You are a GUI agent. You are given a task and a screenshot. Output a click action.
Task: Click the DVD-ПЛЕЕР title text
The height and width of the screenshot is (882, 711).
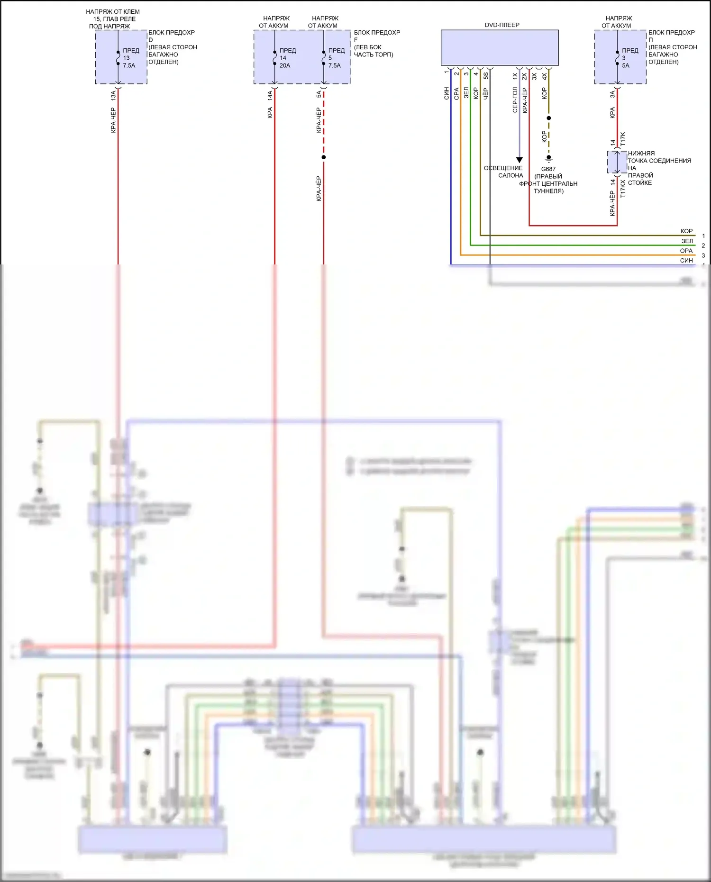click(501, 25)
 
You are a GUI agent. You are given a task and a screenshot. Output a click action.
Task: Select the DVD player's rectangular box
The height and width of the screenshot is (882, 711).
click(499, 47)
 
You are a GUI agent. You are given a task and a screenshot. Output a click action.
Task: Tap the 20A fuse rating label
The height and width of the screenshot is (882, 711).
click(284, 65)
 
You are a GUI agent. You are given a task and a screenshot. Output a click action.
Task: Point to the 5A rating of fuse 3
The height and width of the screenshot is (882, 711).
click(626, 65)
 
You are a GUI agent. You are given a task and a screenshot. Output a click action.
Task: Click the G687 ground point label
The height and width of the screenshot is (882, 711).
click(548, 169)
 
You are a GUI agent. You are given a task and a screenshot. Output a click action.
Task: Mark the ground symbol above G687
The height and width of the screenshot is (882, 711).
click(548, 158)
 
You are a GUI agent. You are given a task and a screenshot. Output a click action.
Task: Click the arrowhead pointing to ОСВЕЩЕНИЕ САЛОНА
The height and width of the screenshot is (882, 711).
click(519, 160)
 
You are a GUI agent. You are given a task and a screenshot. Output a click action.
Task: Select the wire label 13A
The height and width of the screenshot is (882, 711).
click(113, 95)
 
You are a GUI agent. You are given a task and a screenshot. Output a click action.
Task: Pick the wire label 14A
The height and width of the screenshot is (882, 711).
click(270, 95)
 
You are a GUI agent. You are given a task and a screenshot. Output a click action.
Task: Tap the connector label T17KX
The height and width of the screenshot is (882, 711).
click(623, 188)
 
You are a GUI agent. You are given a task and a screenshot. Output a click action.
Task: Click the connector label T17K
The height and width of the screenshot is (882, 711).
click(623, 139)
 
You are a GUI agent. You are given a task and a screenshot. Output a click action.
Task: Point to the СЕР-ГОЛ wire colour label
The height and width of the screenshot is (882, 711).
click(515, 100)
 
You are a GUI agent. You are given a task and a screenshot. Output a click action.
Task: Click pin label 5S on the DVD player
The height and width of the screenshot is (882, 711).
click(486, 75)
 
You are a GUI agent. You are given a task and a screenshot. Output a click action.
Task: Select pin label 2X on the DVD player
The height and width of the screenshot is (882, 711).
click(524, 75)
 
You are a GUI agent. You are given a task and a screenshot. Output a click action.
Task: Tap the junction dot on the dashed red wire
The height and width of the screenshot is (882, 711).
click(324, 157)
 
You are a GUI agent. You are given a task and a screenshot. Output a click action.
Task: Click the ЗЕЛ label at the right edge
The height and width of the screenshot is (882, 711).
click(687, 241)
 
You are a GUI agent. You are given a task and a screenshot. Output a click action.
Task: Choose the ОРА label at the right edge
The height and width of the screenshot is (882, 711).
click(686, 251)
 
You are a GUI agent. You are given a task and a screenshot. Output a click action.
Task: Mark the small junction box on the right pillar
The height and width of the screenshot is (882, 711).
click(617, 163)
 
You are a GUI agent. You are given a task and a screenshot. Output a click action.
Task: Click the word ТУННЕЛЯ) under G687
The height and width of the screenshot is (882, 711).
click(548, 191)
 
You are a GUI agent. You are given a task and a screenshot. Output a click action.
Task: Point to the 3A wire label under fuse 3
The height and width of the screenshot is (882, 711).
click(612, 95)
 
